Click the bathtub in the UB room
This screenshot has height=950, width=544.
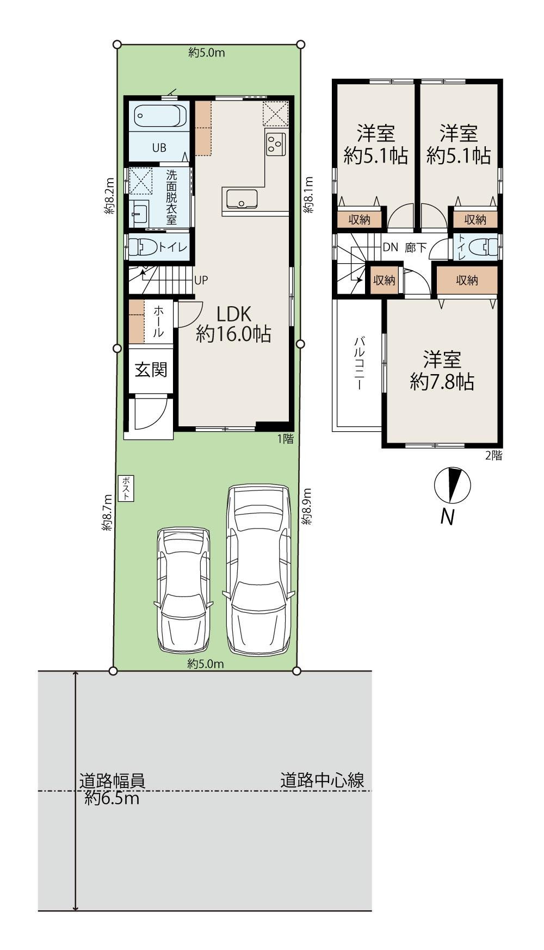pos(159,117)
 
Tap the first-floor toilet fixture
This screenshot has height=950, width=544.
pos(144,247)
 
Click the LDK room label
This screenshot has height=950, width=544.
pos(233,314)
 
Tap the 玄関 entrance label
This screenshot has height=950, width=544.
pos(151,370)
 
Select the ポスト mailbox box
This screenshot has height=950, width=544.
pos(126,488)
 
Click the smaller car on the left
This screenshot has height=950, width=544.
pos(183,590)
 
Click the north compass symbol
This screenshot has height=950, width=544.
pos(452,485)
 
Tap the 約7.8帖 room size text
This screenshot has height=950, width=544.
pos(442,381)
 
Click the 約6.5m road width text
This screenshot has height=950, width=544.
pos(112,798)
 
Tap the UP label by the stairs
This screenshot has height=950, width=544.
pos(201,281)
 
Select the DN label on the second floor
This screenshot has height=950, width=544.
pos(390,247)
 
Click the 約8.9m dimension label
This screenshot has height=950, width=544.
pos(307,506)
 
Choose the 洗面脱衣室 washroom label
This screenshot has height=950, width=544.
pos(171,197)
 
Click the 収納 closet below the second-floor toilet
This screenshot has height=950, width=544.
pos(467,280)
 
